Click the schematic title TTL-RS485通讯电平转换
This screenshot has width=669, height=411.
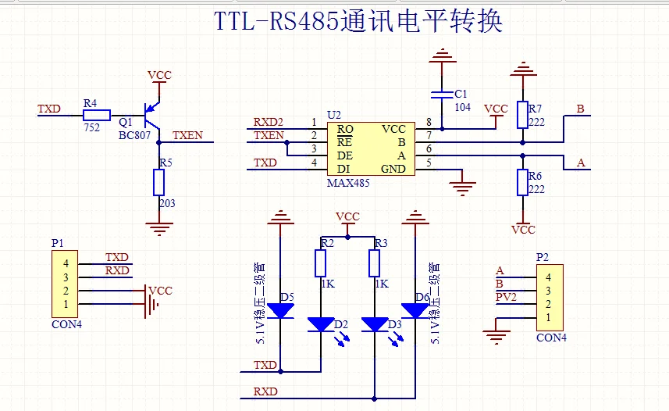tap(358, 21)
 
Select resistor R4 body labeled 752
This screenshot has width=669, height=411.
tap(96, 114)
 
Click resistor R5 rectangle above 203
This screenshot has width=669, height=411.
tap(159, 183)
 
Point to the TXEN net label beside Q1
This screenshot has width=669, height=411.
tap(187, 135)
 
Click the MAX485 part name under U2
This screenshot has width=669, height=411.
tap(348, 183)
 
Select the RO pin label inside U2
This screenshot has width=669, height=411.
tap(345, 128)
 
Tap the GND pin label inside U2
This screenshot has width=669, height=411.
tap(393, 169)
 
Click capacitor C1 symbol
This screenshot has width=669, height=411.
tap(443, 95)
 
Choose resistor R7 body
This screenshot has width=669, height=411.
tap(522, 114)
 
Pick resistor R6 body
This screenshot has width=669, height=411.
tap(522, 183)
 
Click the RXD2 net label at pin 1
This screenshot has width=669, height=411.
tap(269, 122)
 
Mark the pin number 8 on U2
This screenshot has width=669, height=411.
tap(429, 122)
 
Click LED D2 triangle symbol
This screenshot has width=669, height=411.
tap(321, 323)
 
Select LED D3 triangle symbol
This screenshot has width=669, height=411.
tap(377, 323)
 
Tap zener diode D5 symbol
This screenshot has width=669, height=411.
tap(280, 310)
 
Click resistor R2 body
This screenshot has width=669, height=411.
tap(321, 263)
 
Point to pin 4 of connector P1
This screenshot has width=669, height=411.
tap(66, 263)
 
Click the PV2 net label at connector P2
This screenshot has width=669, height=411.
tap(507, 297)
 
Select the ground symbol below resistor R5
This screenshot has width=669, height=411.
tap(159, 227)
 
